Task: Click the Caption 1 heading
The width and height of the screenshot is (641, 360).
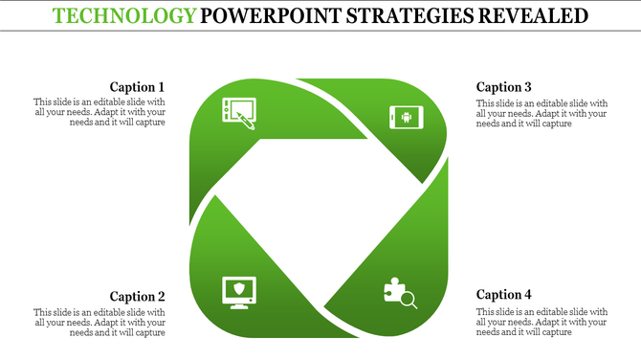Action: click(137, 86)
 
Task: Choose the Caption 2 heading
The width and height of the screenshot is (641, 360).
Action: click(137, 296)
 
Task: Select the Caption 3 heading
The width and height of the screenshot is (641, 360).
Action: click(503, 86)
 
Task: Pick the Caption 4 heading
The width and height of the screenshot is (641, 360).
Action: click(503, 295)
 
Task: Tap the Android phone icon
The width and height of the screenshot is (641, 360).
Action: click(405, 118)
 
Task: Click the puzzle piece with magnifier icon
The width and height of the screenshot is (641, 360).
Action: click(399, 293)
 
